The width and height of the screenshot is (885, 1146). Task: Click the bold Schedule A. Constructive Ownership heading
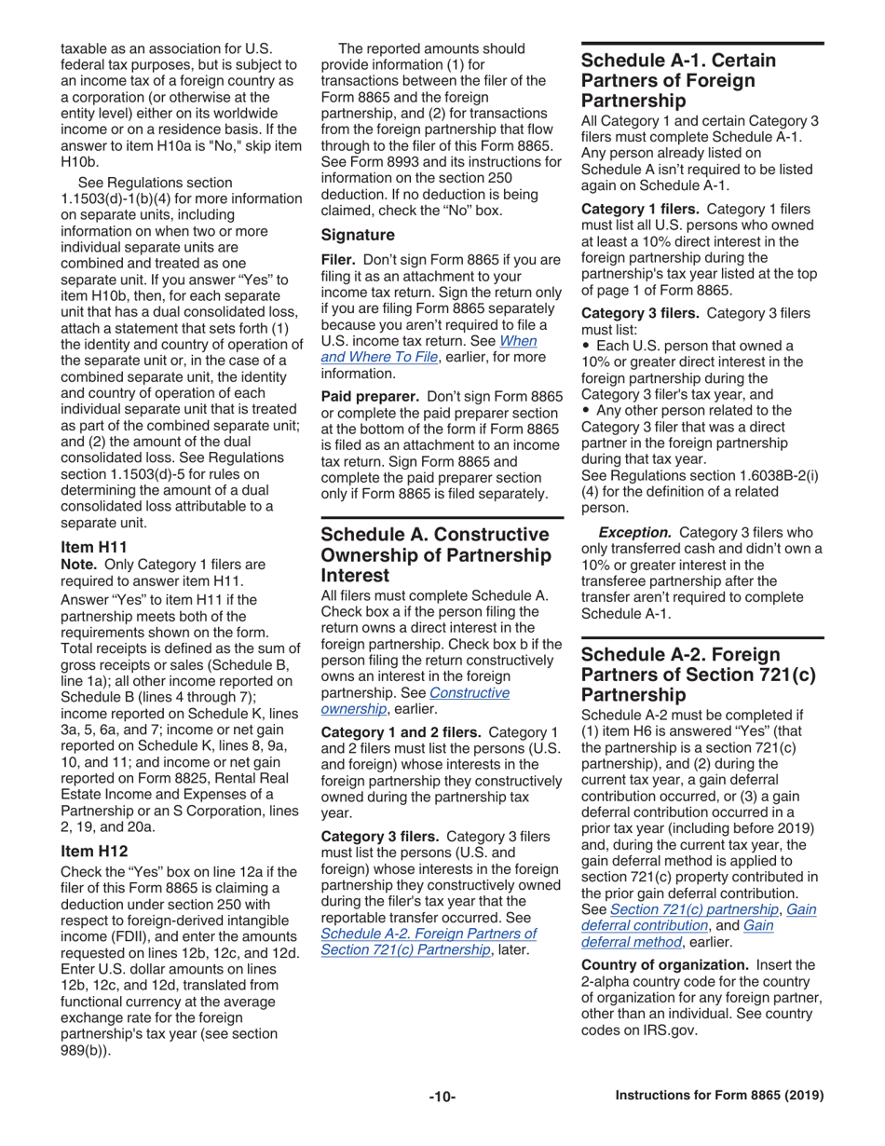[x=434, y=555]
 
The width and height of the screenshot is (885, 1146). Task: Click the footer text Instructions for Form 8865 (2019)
[x=718, y=1096]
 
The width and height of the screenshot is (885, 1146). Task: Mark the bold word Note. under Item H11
[x=76, y=566]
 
